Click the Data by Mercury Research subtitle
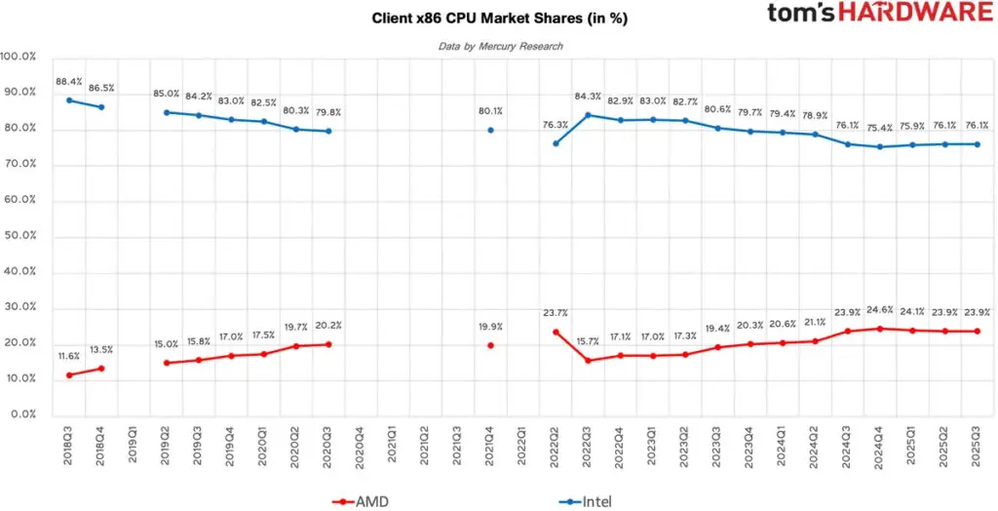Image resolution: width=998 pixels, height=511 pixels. (x=500, y=46)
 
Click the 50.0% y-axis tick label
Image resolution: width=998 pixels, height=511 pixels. (x=19, y=236)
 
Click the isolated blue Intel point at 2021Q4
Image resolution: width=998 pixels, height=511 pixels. (x=490, y=130)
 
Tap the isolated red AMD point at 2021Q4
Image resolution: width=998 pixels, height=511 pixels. (x=490, y=345)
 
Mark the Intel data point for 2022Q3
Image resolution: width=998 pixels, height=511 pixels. (x=588, y=115)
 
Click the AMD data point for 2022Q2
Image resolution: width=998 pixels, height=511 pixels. (x=556, y=332)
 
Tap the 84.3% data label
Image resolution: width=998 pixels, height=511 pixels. (x=588, y=97)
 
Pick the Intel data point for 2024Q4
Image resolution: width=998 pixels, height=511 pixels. (x=880, y=147)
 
